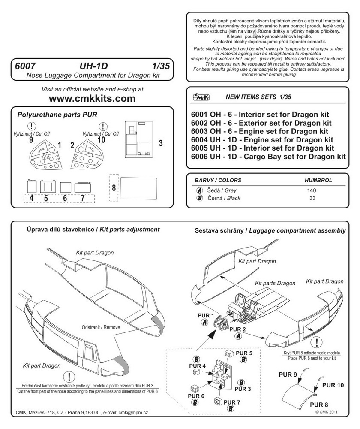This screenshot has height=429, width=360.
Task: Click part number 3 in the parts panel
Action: pyautogui.click(x=160, y=142)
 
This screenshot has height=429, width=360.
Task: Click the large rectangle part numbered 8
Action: pyautogui.click(x=137, y=188)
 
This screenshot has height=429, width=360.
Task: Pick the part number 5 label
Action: pyautogui.click(x=45, y=199)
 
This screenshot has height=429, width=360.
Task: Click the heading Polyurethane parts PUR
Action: pyautogui.click(x=57, y=115)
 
